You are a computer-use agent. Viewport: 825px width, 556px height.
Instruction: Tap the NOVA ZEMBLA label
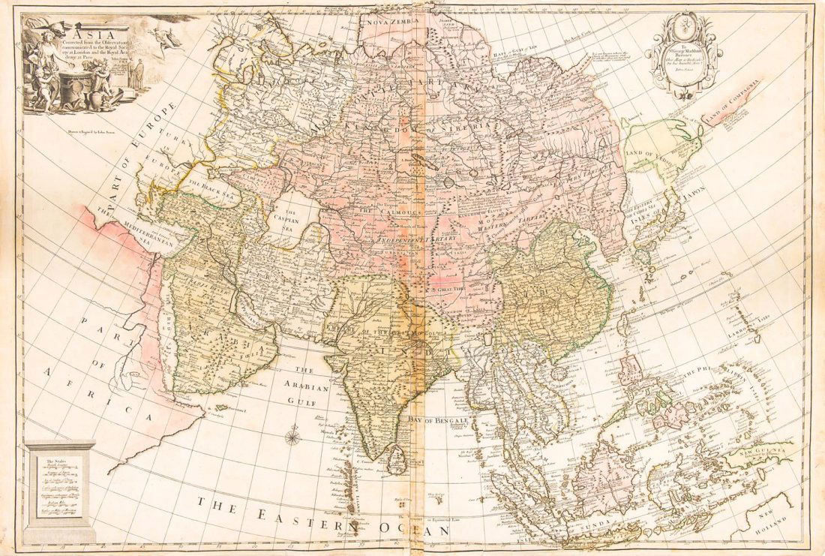point(388,23)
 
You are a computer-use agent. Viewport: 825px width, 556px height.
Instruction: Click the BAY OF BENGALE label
point(438,422)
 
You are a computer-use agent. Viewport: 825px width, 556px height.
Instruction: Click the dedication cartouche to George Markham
point(684,57)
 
